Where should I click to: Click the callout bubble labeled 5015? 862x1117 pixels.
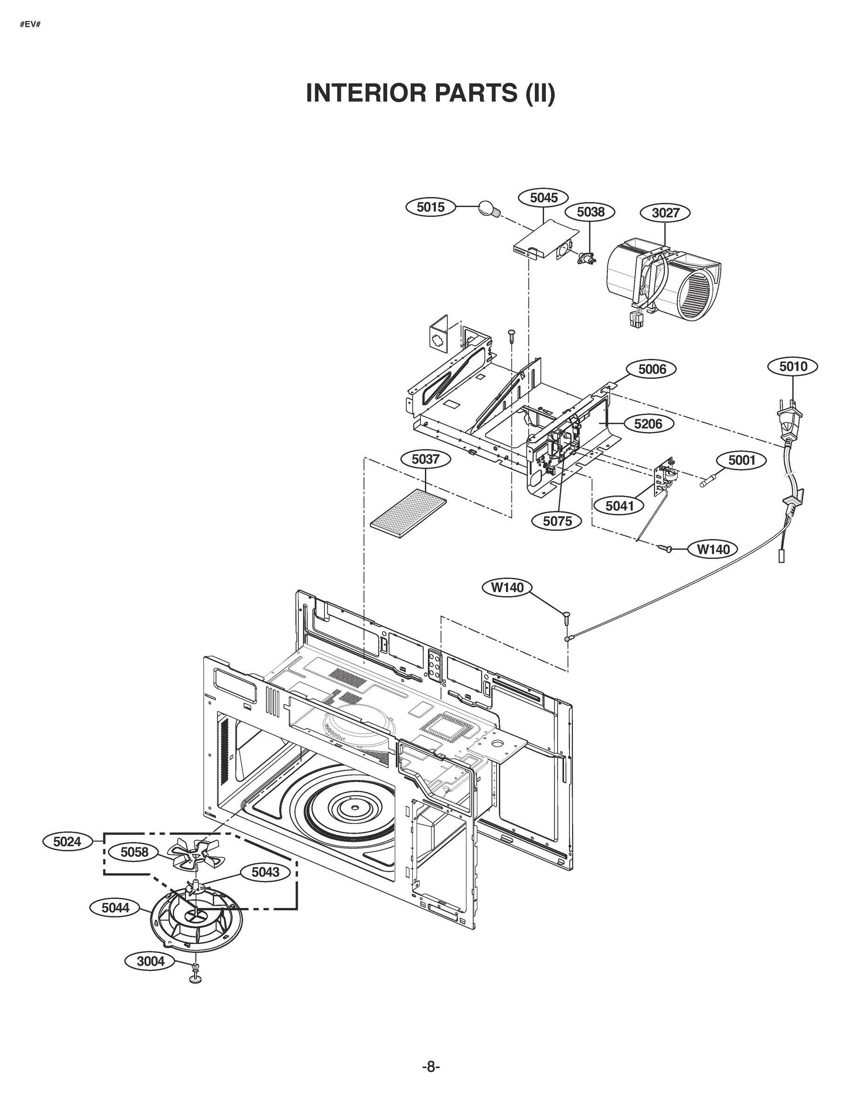430,207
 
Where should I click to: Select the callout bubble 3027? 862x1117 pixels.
665,213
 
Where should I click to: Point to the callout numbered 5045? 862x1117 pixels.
544,197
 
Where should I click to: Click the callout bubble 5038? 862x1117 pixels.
590,212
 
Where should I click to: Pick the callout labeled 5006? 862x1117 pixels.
652,369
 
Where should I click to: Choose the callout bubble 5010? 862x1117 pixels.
793,366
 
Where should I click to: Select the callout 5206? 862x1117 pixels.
647,424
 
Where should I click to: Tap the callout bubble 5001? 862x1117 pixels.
741,460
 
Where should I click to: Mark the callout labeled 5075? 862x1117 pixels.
557,521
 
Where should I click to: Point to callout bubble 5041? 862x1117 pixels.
619,506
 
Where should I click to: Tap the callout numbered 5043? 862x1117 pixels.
265,872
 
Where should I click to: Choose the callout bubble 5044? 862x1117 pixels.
115,908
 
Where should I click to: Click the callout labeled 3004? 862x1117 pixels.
151,961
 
